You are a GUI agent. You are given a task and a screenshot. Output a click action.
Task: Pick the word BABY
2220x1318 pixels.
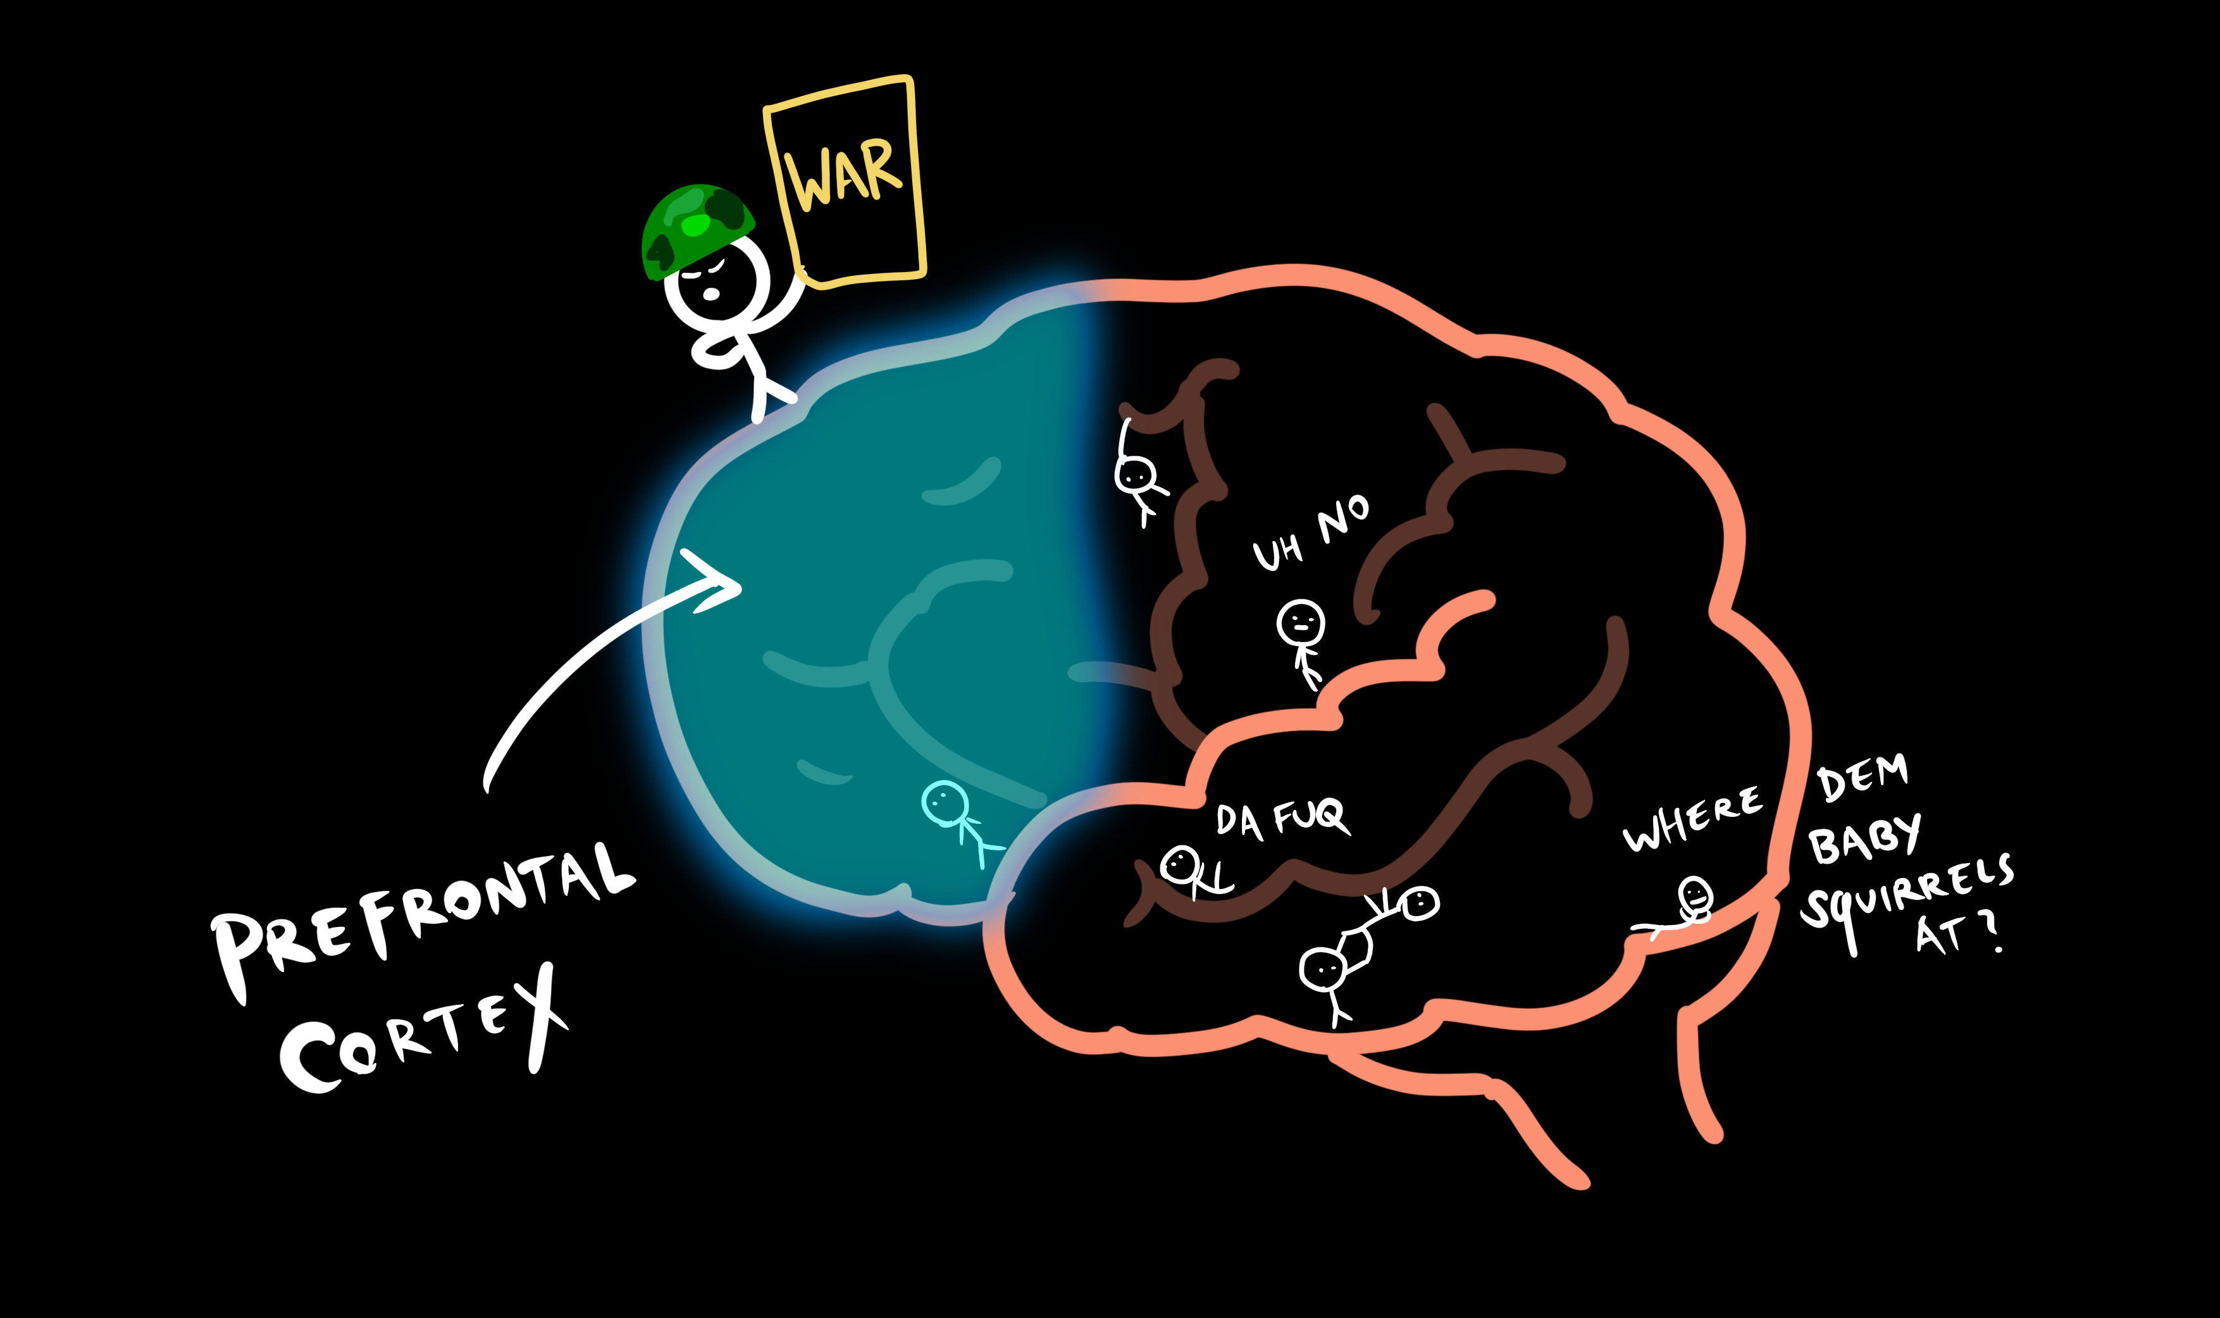[x=1865, y=839]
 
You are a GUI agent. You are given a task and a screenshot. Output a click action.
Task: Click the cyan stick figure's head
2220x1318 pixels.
[x=945, y=802]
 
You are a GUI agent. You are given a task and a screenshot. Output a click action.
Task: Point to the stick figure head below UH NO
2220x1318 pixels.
[x=1301, y=623]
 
